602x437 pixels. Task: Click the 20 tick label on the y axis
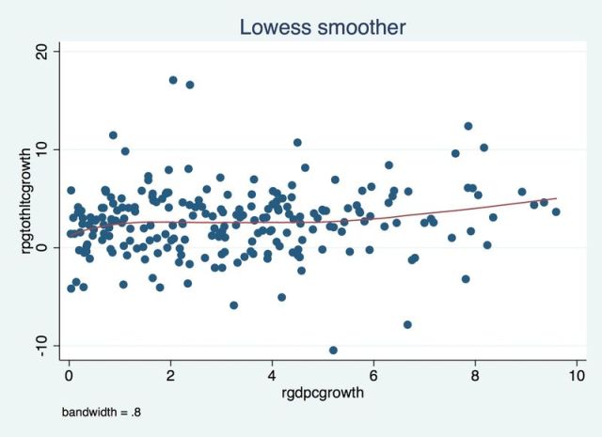(40, 52)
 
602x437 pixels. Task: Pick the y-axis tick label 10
(40, 149)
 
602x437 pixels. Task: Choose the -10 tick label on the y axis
(39, 345)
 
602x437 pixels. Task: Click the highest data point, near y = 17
(173, 80)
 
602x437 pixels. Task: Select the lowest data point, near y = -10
(333, 350)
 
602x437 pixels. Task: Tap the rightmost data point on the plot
(556, 211)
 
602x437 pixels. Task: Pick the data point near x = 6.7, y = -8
(407, 324)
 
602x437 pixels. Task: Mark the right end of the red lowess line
(557, 198)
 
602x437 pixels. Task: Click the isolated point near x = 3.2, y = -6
(233, 305)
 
